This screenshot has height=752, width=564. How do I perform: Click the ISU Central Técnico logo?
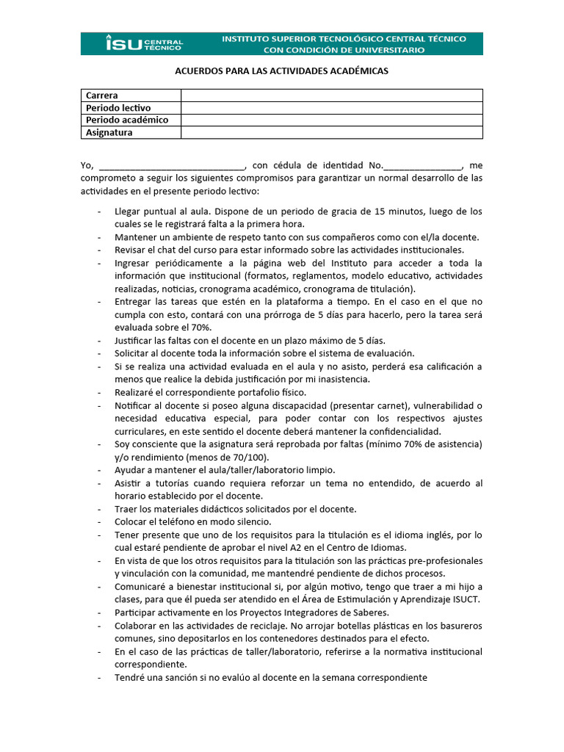[x=145, y=43]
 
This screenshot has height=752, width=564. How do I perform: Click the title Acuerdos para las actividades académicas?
[x=281, y=71]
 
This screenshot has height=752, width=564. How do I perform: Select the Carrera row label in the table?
[x=102, y=95]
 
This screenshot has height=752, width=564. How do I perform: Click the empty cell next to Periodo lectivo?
[x=331, y=108]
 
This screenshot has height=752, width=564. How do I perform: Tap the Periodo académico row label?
[x=127, y=120]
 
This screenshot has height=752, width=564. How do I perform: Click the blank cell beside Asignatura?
[x=331, y=133]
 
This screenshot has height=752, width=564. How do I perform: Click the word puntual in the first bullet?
[x=161, y=211]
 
